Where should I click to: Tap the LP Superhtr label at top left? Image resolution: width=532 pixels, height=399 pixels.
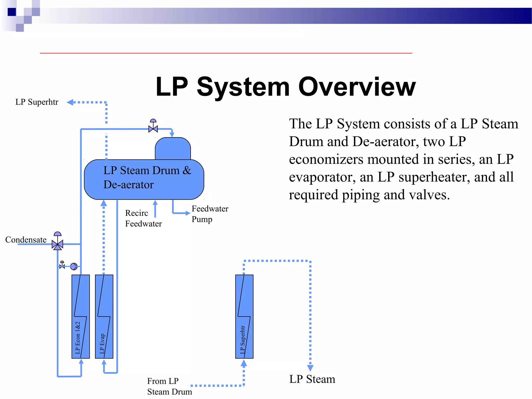point(37,102)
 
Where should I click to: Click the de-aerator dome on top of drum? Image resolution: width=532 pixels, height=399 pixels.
point(173,149)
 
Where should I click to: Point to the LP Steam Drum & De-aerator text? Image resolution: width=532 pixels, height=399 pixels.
point(147,177)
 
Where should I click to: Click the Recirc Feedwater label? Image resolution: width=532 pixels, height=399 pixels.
point(143,218)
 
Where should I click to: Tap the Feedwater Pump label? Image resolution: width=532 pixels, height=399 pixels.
point(210,214)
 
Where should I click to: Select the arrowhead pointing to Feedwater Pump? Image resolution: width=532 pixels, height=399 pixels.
point(188,213)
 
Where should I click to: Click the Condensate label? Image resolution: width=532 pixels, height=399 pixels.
point(26,240)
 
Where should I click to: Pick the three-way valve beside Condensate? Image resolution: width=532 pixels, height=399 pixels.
point(57,244)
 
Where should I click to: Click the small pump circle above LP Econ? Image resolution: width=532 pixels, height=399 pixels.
point(74,266)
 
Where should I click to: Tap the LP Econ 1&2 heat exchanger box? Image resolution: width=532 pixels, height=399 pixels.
point(81,316)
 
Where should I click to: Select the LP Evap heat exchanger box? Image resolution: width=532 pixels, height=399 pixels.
point(104,316)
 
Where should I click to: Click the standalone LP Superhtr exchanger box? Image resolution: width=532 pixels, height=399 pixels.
point(244,316)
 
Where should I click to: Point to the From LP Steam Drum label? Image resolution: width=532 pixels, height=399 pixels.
point(169,386)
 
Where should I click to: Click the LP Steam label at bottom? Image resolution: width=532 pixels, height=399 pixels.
point(312,379)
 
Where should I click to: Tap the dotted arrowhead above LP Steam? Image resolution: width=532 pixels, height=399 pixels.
point(310,368)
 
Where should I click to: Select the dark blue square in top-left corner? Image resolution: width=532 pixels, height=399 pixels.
point(12,12)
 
